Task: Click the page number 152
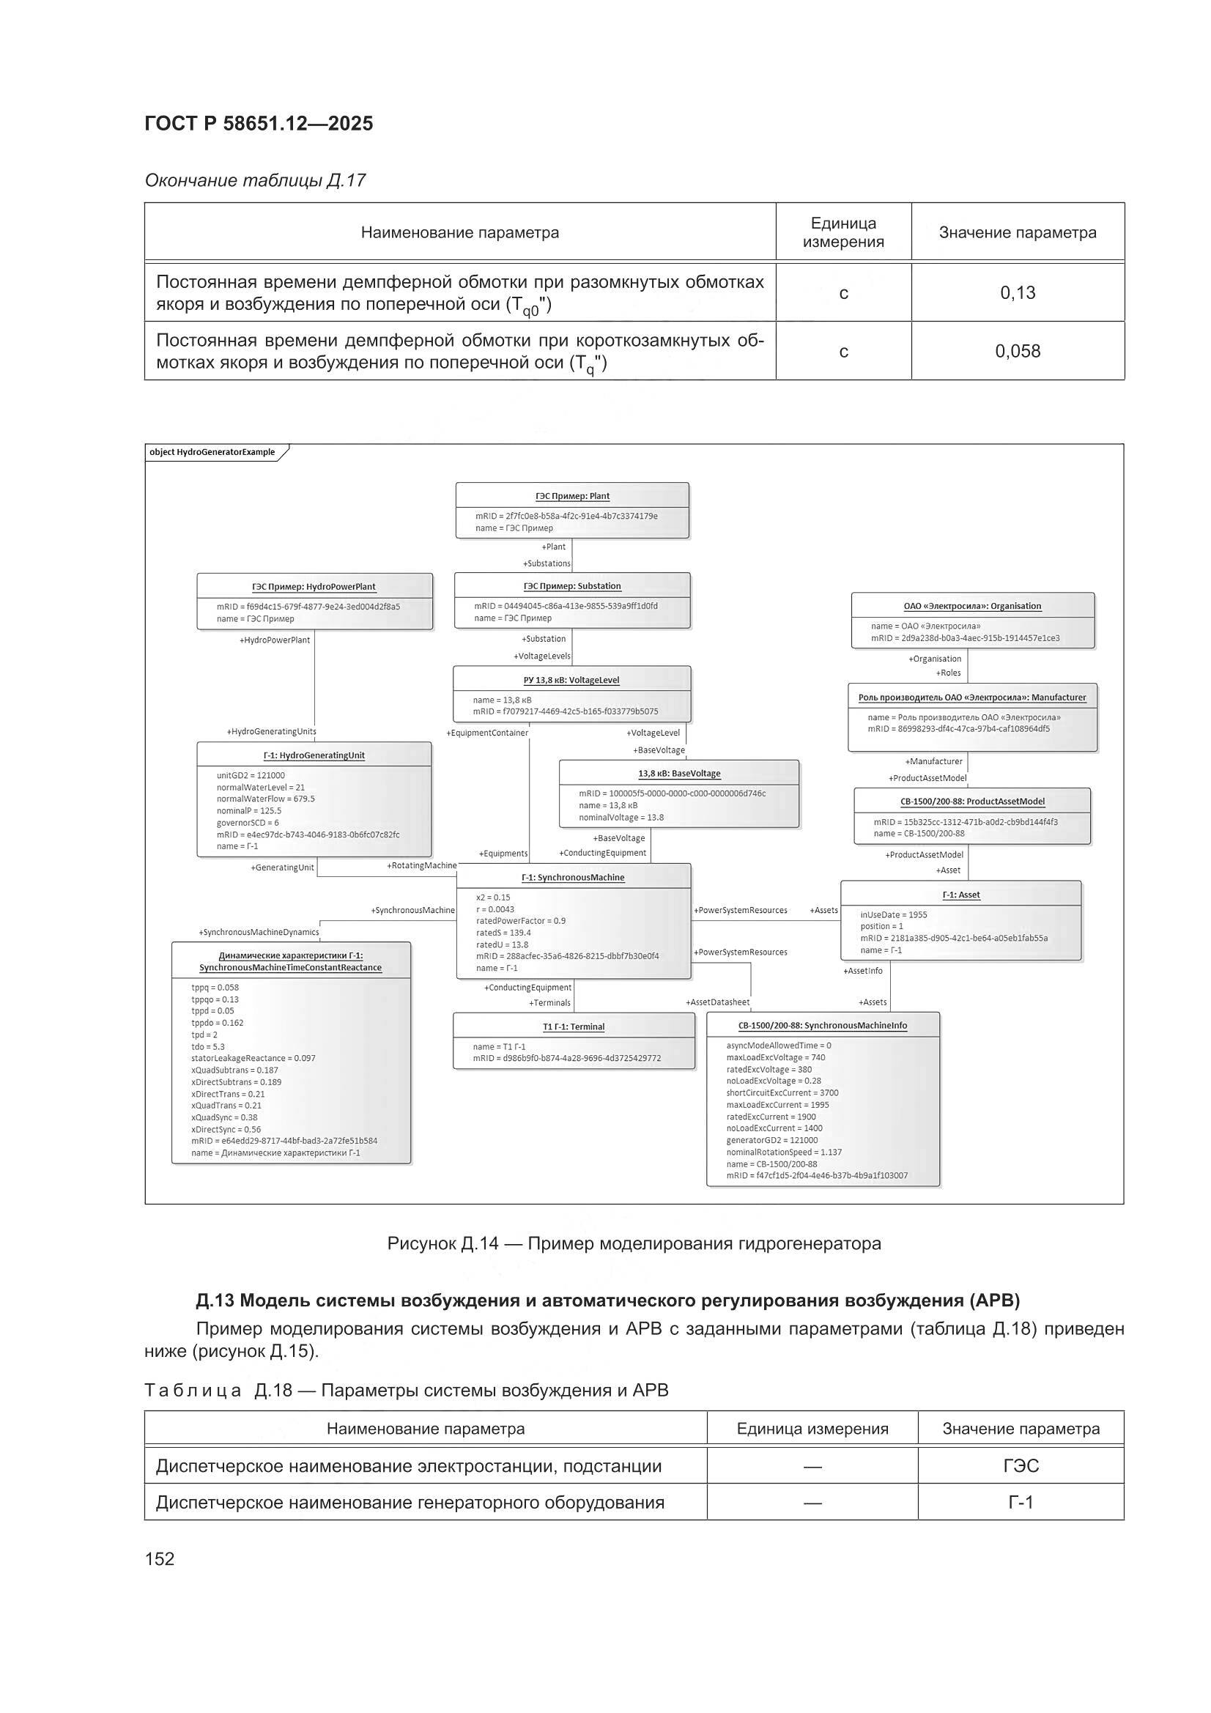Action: tap(160, 1558)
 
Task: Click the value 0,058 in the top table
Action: tap(1017, 351)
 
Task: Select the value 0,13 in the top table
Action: tap(1017, 292)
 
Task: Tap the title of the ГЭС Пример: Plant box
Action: tap(572, 496)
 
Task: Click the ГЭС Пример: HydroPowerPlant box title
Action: tap(314, 586)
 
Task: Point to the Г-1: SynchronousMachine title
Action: tap(573, 878)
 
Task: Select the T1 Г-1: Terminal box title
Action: tap(573, 1026)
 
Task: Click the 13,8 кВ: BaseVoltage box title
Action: tap(679, 774)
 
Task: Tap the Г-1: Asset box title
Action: tap(961, 895)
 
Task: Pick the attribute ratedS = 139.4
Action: tap(503, 933)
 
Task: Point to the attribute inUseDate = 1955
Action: tap(893, 914)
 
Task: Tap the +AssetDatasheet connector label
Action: tap(717, 1002)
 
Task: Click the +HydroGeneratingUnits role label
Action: tap(272, 732)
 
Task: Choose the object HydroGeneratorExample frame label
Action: tap(212, 452)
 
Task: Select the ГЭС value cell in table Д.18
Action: tap(1020, 1466)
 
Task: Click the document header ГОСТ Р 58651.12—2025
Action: tap(259, 124)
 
